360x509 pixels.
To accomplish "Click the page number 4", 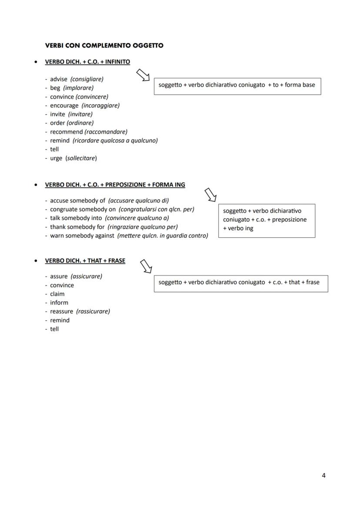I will (323, 475).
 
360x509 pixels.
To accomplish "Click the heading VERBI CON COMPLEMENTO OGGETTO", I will (104, 45).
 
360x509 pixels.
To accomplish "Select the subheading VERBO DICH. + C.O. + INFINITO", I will (87, 62).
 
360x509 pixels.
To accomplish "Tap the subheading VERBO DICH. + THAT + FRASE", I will (85, 261).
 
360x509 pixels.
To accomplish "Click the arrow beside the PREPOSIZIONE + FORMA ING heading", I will (210, 195).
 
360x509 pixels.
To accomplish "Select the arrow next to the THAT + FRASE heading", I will (146, 266).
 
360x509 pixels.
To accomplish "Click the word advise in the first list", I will (59, 79).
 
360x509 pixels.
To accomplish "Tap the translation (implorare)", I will (78, 88).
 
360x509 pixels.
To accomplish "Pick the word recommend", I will (66, 132).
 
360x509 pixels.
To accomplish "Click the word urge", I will (56, 158).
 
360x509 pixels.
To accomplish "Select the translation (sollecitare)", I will (81, 158).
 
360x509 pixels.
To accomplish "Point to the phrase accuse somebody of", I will (77, 200).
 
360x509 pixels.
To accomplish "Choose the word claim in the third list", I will (57, 294).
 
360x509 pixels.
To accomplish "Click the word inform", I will (59, 303).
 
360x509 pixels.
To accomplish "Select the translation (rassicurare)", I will (93, 311).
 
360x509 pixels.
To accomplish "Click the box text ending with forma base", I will (237, 85).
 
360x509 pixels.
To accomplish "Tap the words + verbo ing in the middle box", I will (238, 228).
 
